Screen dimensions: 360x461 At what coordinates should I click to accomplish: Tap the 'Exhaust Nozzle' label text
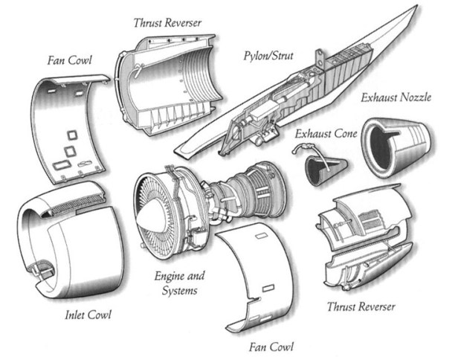pyautogui.click(x=396, y=97)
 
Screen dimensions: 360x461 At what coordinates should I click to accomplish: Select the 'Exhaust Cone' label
pyautogui.click(x=326, y=134)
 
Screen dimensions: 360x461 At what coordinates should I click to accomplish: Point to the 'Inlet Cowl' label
pyautogui.click(x=87, y=315)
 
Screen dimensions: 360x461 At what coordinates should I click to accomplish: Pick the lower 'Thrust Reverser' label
pyautogui.click(x=361, y=306)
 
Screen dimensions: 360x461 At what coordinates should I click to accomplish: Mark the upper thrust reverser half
pyautogui.click(x=167, y=89)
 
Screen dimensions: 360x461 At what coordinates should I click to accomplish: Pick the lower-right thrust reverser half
pyautogui.click(x=364, y=238)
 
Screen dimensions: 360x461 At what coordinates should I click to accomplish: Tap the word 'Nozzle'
pyautogui.click(x=416, y=97)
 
